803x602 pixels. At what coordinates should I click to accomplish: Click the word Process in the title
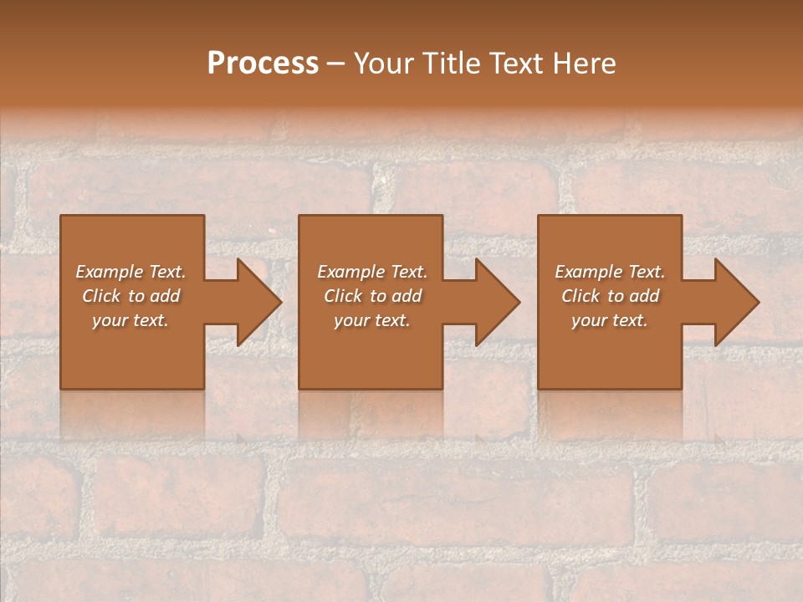[x=263, y=63]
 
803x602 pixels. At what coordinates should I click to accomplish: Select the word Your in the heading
[x=384, y=63]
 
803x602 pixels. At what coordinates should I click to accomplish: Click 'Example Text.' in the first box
[x=130, y=272]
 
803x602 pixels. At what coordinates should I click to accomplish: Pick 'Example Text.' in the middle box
[x=372, y=272]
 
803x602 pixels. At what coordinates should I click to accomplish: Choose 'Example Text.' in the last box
[x=610, y=272]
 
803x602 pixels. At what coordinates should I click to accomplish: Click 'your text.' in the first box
[x=130, y=320]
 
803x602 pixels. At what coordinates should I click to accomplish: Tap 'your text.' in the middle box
[x=372, y=320]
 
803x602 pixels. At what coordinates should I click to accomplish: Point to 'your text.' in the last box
[x=610, y=320]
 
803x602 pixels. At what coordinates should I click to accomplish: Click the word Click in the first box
[x=101, y=296]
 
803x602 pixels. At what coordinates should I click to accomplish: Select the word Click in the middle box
[x=343, y=296]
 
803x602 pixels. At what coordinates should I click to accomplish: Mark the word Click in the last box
[x=581, y=296]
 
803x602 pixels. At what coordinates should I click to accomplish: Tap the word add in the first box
[x=165, y=296]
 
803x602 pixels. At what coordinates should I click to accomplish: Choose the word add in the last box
[x=644, y=296]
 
